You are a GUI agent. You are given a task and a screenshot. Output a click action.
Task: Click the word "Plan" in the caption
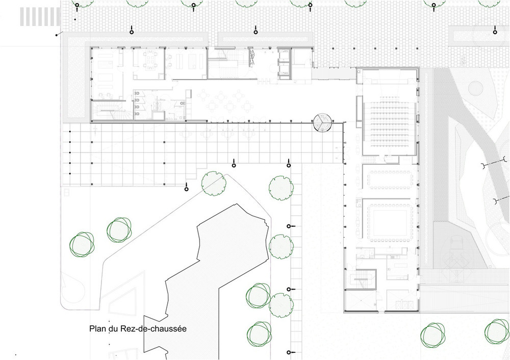pyautogui.click(x=97, y=328)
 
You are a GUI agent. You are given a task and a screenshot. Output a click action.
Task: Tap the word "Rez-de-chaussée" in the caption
pyautogui.click(x=154, y=328)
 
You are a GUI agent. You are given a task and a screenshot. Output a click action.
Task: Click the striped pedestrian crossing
pyautogui.click(x=40, y=17)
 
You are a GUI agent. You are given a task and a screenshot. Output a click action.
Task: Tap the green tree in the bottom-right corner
pyautogui.click(x=497, y=331)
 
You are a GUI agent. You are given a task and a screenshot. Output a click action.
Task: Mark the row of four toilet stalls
pyautogui.click(x=138, y=104)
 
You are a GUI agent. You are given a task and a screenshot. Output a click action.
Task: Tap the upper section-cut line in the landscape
pyautogui.click(x=495, y=163)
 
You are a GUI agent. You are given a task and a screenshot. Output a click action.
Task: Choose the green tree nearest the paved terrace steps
pyautogui.click(x=214, y=184)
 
